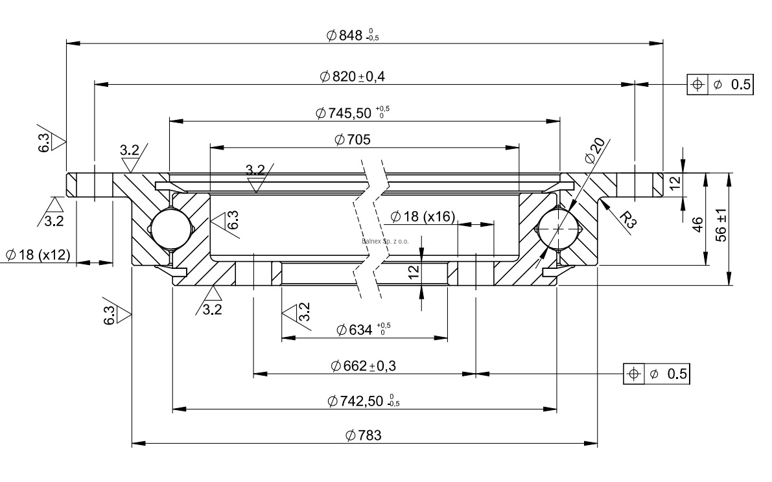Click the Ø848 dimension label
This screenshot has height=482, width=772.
coord(352,36)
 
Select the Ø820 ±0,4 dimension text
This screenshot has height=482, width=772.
coord(352,76)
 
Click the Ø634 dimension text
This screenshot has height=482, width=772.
coord(363,330)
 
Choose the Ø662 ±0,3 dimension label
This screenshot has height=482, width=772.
coord(363,366)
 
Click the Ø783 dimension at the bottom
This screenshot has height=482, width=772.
coord(363,435)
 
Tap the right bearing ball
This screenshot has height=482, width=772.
coord(557,228)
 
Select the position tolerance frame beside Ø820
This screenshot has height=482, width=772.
coord(720,84)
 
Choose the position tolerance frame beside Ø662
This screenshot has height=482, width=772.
coord(657,374)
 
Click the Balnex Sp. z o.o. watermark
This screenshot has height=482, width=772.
coord(385,242)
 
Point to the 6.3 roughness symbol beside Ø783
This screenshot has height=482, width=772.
coord(117,316)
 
